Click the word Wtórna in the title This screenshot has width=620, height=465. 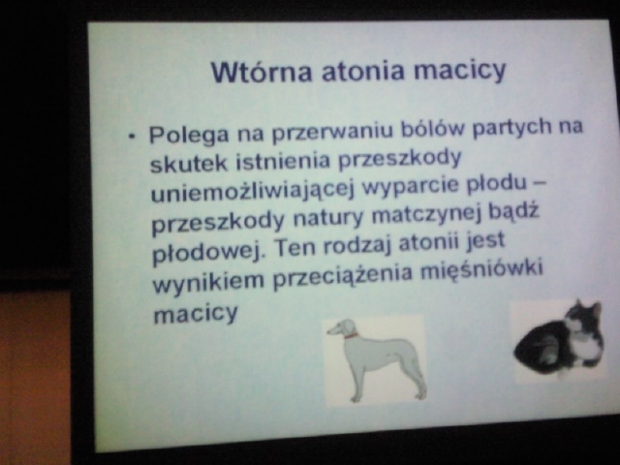point(262,72)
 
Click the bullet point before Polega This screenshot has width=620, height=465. point(132,137)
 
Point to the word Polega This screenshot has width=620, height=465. point(189,135)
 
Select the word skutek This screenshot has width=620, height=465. point(189,163)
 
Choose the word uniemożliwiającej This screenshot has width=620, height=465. point(252,191)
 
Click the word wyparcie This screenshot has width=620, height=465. point(411,187)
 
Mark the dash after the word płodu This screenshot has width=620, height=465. point(542,183)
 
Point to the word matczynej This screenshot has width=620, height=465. point(427,215)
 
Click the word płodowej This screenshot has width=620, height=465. point(206,250)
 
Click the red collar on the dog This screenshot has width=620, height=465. point(351,336)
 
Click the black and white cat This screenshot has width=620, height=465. point(559,340)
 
